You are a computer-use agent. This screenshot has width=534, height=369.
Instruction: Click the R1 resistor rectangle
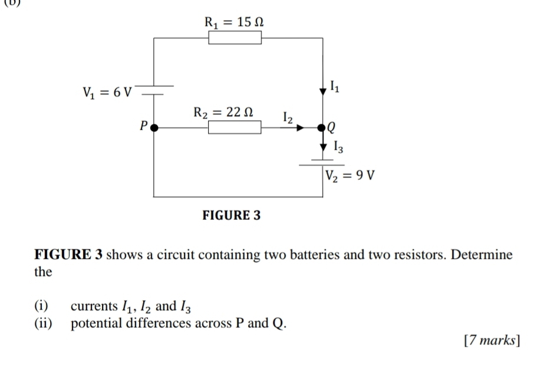pos(235,38)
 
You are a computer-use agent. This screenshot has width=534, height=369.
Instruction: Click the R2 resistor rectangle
pos(235,127)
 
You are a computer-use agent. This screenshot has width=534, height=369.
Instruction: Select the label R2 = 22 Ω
pos(224,111)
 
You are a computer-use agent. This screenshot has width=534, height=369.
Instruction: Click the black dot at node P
pos(154,127)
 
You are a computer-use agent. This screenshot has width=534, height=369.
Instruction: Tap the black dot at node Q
pos(322,127)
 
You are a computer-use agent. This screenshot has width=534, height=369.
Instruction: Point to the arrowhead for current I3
pos(322,146)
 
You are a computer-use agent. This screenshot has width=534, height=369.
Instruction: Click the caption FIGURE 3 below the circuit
pos(231,215)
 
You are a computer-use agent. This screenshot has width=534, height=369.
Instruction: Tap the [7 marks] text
pos(492,341)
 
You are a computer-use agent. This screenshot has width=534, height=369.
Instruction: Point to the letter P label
pos(142,126)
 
